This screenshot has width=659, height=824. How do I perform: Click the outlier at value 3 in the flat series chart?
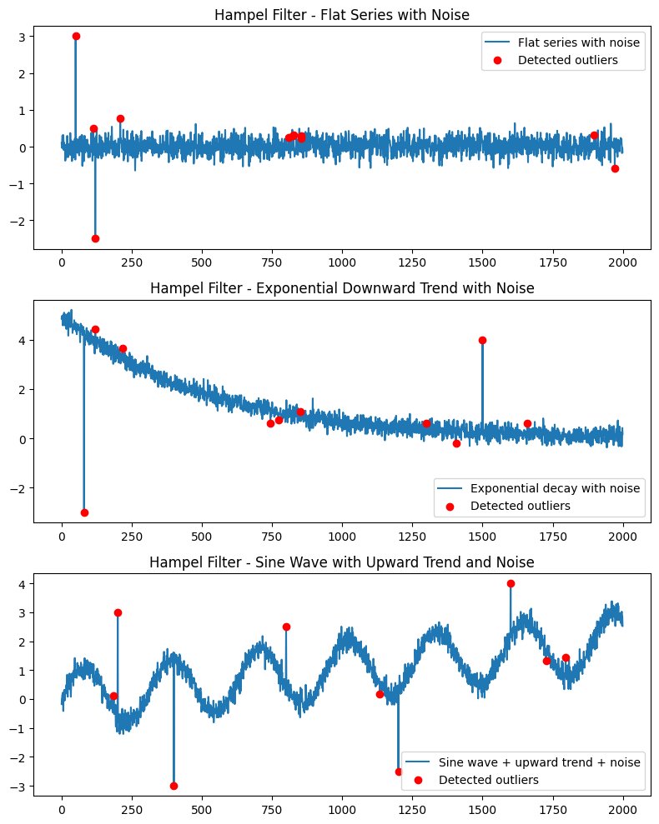(x=76, y=36)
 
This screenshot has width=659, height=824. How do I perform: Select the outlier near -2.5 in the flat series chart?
(x=95, y=238)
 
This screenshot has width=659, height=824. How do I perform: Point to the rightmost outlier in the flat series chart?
(x=615, y=168)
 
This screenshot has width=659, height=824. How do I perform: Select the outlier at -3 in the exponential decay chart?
(x=84, y=512)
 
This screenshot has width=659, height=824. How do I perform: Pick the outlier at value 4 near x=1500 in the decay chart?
(x=482, y=340)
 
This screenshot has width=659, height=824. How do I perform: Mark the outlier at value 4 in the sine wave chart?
(x=511, y=583)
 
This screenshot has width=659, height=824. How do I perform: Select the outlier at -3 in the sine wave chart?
(x=174, y=786)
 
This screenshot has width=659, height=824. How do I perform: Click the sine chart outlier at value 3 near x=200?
(x=118, y=612)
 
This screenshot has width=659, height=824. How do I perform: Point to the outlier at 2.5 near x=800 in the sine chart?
(x=286, y=627)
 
